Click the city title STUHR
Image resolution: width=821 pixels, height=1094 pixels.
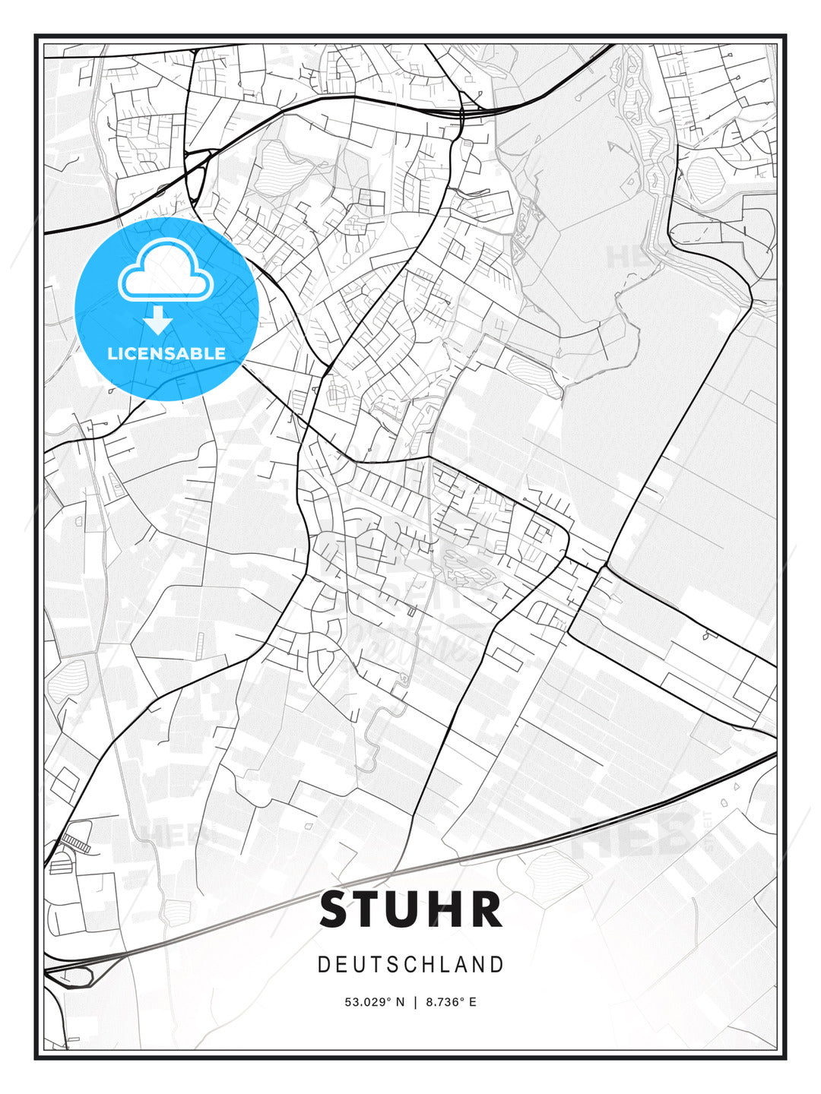click(410, 909)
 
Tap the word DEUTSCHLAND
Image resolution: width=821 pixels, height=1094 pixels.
click(410, 965)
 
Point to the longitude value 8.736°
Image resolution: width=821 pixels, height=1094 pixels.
click(444, 1002)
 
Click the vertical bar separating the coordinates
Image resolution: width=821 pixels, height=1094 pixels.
click(415, 1002)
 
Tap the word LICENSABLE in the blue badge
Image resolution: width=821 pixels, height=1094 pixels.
click(166, 353)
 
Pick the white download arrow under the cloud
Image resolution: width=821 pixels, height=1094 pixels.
click(158, 320)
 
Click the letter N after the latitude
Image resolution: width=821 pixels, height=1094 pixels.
click(401, 1002)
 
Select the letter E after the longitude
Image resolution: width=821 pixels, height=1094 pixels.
click(472, 1002)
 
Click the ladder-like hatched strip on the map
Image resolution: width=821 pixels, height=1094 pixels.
click(75, 842)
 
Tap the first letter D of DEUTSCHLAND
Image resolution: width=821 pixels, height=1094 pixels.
click(323, 965)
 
